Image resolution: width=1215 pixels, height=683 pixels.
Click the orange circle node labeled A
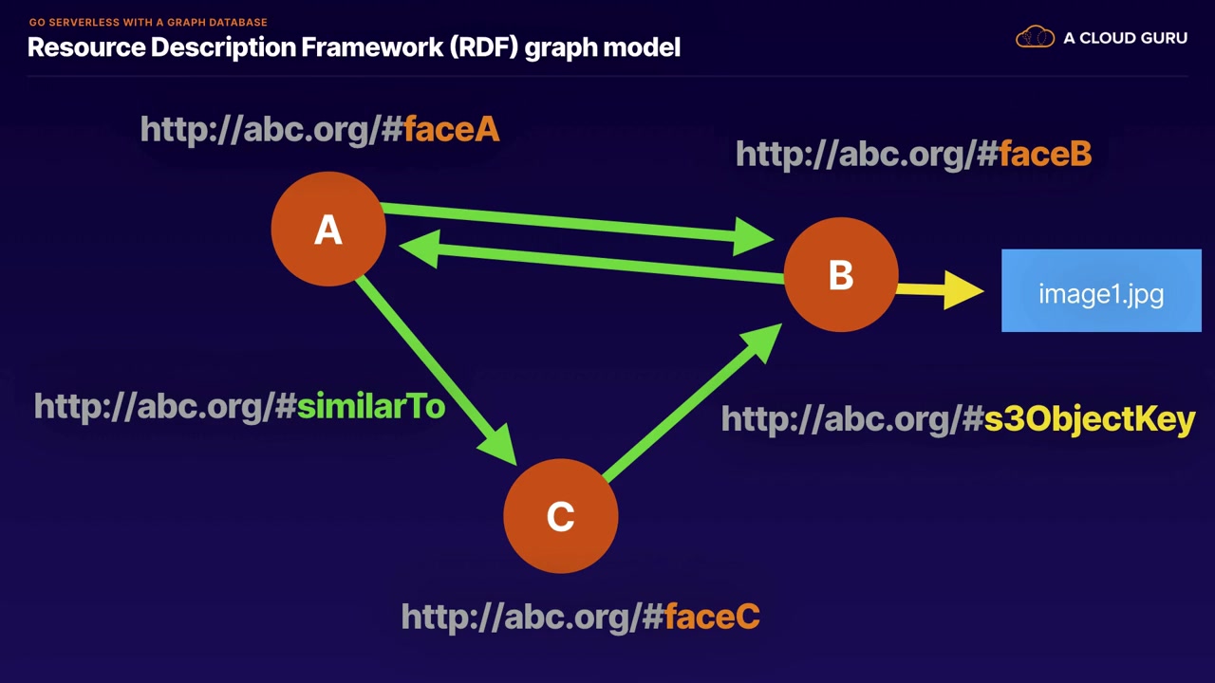(x=328, y=229)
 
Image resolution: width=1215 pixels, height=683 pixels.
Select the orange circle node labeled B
(x=841, y=274)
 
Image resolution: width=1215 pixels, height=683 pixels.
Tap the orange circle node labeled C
(x=561, y=515)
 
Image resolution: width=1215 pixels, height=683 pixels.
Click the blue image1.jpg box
(x=1101, y=290)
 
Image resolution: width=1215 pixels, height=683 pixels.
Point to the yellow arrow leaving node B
(x=940, y=290)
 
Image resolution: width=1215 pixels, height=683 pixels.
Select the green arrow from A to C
(x=436, y=370)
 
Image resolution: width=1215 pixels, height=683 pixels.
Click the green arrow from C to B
(x=692, y=402)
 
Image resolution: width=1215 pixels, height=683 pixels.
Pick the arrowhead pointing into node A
(x=420, y=249)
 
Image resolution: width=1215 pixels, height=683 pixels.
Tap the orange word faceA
(x=451, y=130)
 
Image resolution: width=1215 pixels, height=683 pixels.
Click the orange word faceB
(x=1045, y=154)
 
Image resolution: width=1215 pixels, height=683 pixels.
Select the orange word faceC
(x=712, y=617)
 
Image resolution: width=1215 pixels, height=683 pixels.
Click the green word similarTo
(x=371, y=407)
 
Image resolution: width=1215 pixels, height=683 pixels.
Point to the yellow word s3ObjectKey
(x=1090, y=420)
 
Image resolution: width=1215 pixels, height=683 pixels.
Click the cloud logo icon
(x=1035, y=37)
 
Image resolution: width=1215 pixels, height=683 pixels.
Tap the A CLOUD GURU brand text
(x=1126, y=38)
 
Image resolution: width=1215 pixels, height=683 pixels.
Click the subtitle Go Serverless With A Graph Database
(x=148, y=22)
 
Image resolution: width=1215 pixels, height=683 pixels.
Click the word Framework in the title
(x=372, y=47)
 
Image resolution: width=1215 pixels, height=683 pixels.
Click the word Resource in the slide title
(x=86, y=47)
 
